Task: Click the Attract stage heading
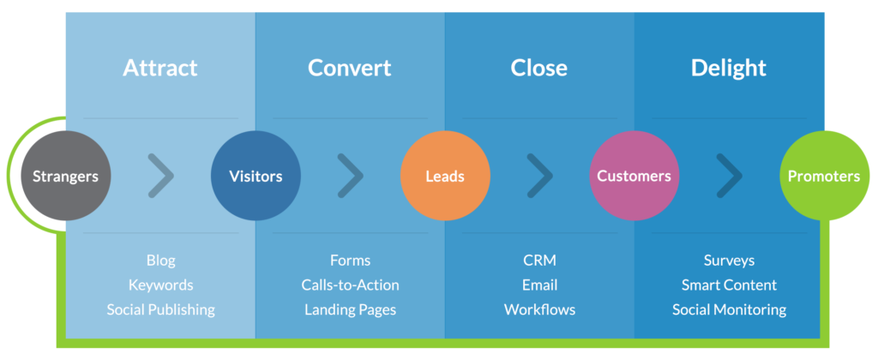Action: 160,68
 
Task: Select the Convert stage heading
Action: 350,68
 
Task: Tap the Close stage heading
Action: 539,68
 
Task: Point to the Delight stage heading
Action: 729,68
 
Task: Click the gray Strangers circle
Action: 65,177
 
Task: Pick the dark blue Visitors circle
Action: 256,177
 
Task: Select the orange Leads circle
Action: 445,177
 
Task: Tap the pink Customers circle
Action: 634,177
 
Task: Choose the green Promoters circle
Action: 823,177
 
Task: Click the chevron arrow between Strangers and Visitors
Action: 160,176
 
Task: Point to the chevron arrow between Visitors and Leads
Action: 350,176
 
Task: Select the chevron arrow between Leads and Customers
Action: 539,176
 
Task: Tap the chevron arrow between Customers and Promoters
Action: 730,176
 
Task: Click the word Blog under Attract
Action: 161,260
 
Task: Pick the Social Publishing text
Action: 161,309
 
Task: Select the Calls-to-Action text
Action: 350,285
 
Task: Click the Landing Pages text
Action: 350,309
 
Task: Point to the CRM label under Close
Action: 539,260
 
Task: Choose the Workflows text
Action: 539,309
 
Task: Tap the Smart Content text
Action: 729,285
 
